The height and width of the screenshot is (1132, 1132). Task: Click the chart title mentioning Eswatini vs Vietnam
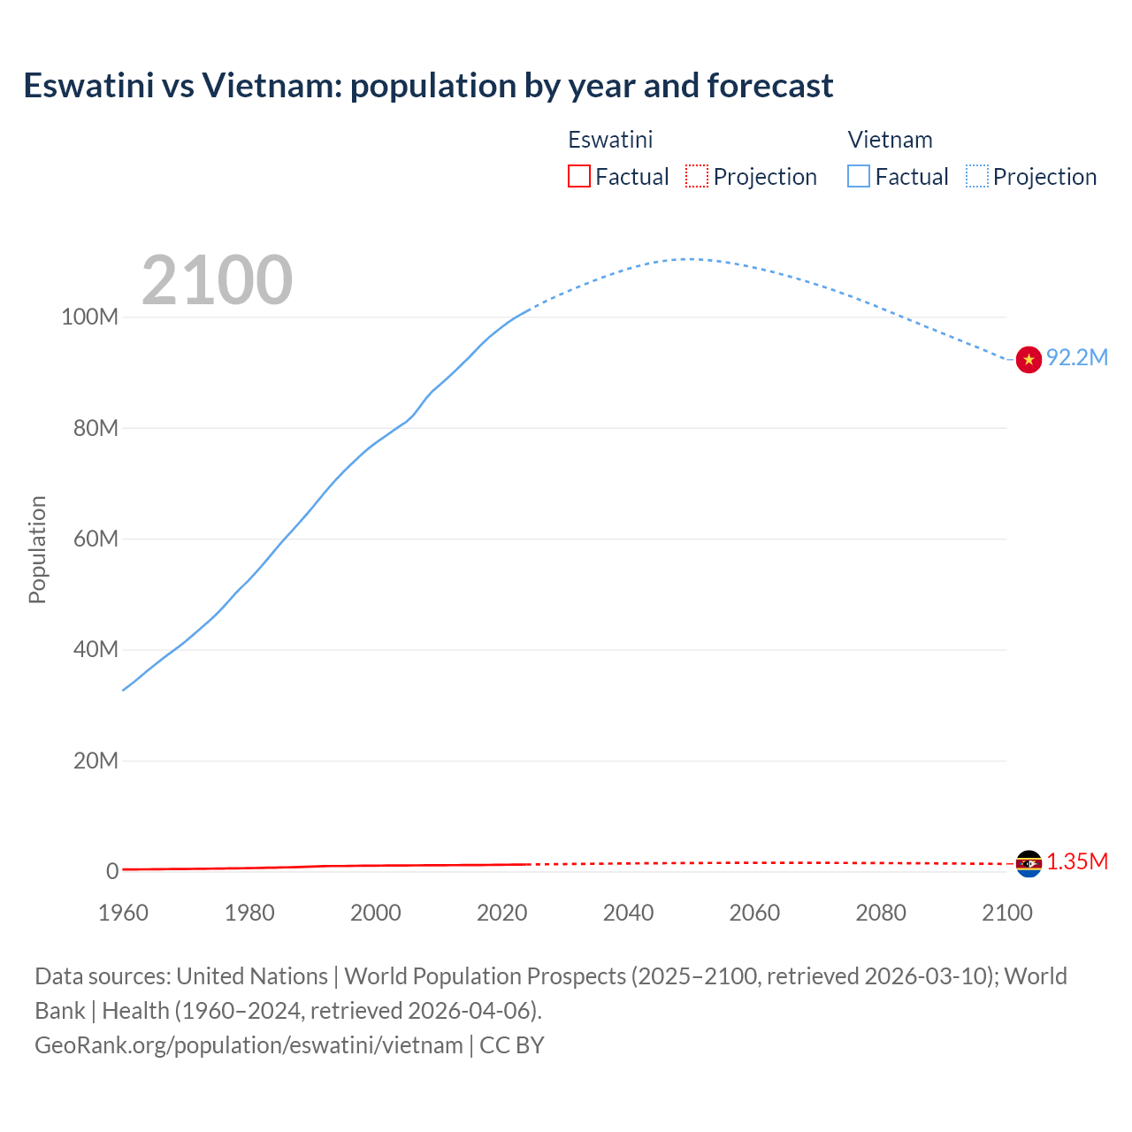[428, 86]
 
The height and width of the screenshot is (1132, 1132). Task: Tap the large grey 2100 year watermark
[217, 280]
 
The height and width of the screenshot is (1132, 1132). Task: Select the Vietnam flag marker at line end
[1029, 360]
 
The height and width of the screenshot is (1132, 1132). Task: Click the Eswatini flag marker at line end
[1029, 863]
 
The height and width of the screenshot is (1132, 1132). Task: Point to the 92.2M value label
[1076, 357]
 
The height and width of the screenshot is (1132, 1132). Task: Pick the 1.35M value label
[1077, 862]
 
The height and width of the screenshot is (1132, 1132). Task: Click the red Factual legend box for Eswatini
[579, 177]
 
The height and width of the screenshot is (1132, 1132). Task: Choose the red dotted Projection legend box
[697, 177]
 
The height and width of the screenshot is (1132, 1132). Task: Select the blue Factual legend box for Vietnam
[859, 177]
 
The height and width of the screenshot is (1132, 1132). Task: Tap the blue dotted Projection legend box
[977, 177]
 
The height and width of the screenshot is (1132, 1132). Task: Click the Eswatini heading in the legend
[610, 140]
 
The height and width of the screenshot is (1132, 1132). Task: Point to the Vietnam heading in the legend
[890, 140]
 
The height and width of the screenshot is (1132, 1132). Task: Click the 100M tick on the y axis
[89, 317]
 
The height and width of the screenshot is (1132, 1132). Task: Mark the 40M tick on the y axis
[95, 650]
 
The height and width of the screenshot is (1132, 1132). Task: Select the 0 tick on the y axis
[111, 871]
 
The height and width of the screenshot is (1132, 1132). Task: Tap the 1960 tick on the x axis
[123, 913]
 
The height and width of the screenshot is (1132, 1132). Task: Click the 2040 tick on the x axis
[628, 913]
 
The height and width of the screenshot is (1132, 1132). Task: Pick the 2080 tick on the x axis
[881, 913]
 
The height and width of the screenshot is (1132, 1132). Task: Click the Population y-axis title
[37, 549]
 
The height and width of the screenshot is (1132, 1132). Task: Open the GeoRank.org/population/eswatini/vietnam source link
[249, 1045]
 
